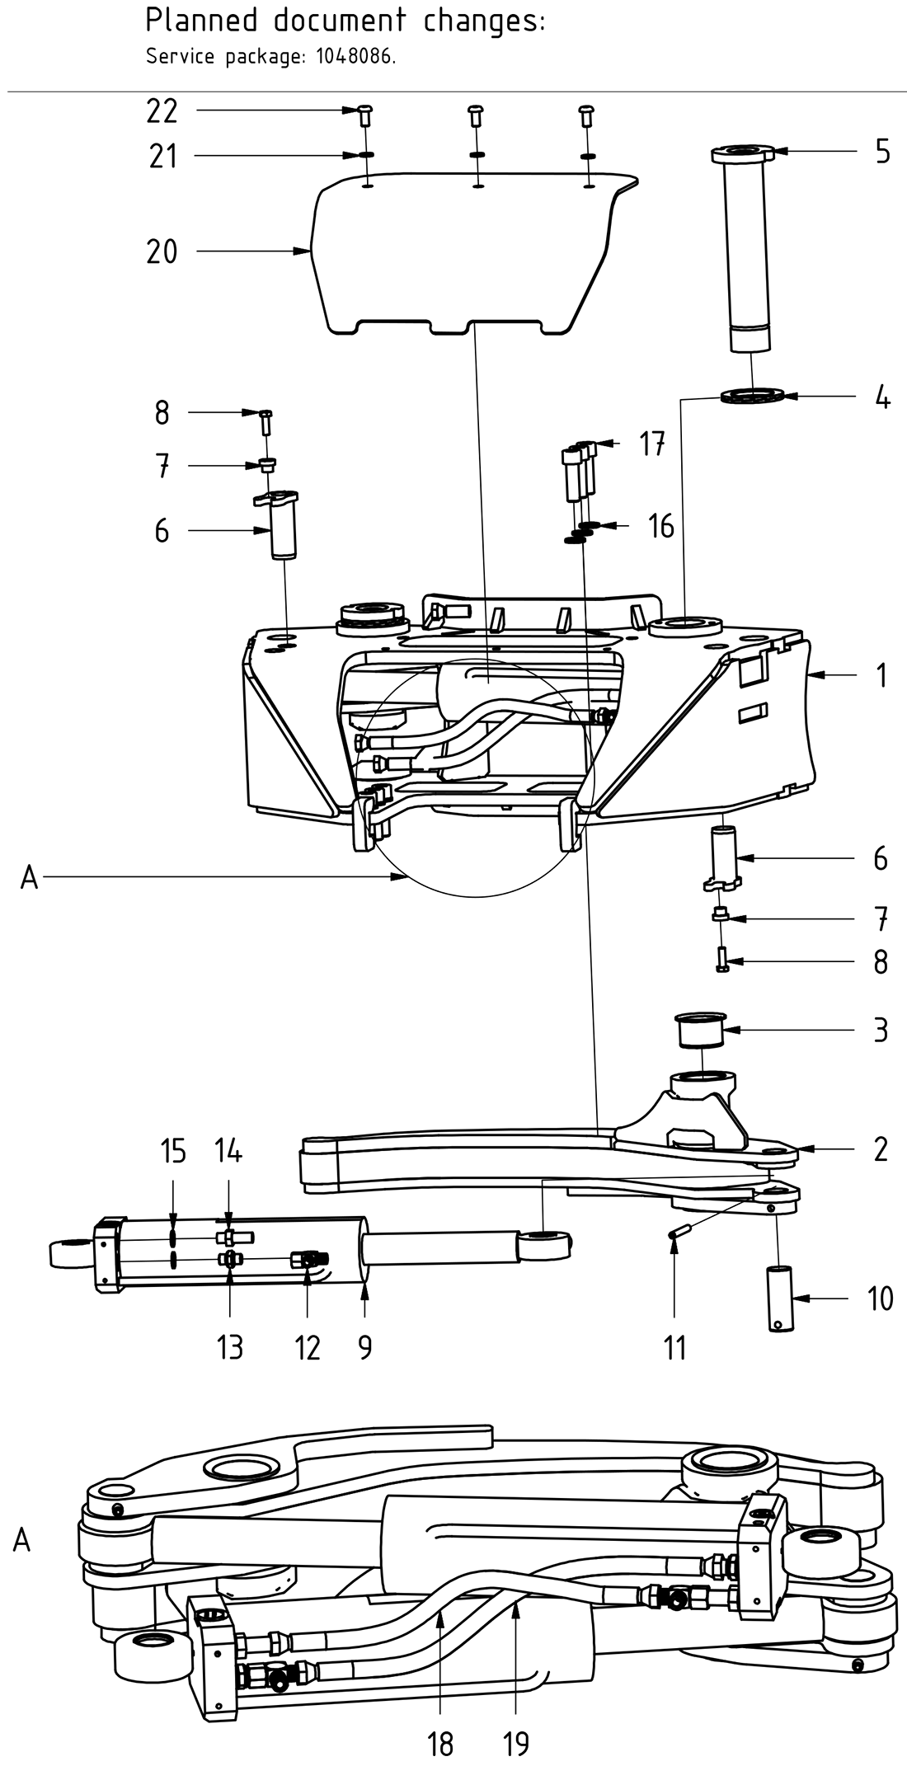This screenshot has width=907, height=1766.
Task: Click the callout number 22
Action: point(162,110)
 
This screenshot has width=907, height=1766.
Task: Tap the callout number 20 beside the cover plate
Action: point(162,251)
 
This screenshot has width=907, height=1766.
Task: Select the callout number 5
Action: point(882,152)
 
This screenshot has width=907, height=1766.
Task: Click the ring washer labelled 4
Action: point(750,397)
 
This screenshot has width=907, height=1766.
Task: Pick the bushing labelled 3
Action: point(700,1031)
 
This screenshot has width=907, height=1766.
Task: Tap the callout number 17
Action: point(652,445)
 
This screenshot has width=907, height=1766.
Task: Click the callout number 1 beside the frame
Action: point(881,676)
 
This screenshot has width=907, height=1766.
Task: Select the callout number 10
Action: point(881,1299)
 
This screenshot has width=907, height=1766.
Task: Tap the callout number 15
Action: point(173,1151)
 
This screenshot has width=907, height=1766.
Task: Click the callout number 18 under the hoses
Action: point(441,1744)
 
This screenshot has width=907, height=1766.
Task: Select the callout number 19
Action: point(516,1744)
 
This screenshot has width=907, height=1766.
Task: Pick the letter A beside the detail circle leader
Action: point(29,879)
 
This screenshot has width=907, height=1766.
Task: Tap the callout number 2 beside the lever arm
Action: point(881,1148)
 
